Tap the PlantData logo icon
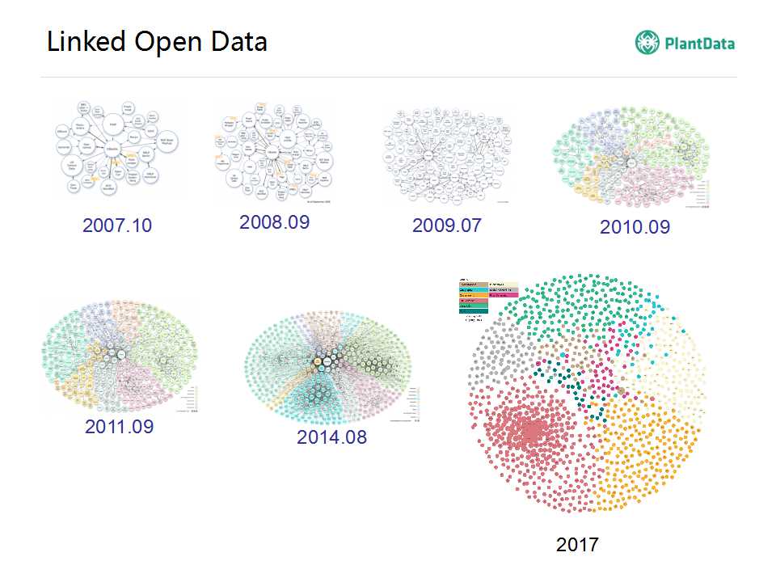647,42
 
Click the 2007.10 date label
117,226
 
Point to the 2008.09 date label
275,222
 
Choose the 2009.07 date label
447,226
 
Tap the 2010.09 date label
635,227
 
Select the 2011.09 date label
119,426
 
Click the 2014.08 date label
331,437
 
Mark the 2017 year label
577,545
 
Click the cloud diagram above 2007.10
118,150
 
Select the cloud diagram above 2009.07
448,158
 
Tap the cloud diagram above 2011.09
119,356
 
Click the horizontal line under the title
388,78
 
